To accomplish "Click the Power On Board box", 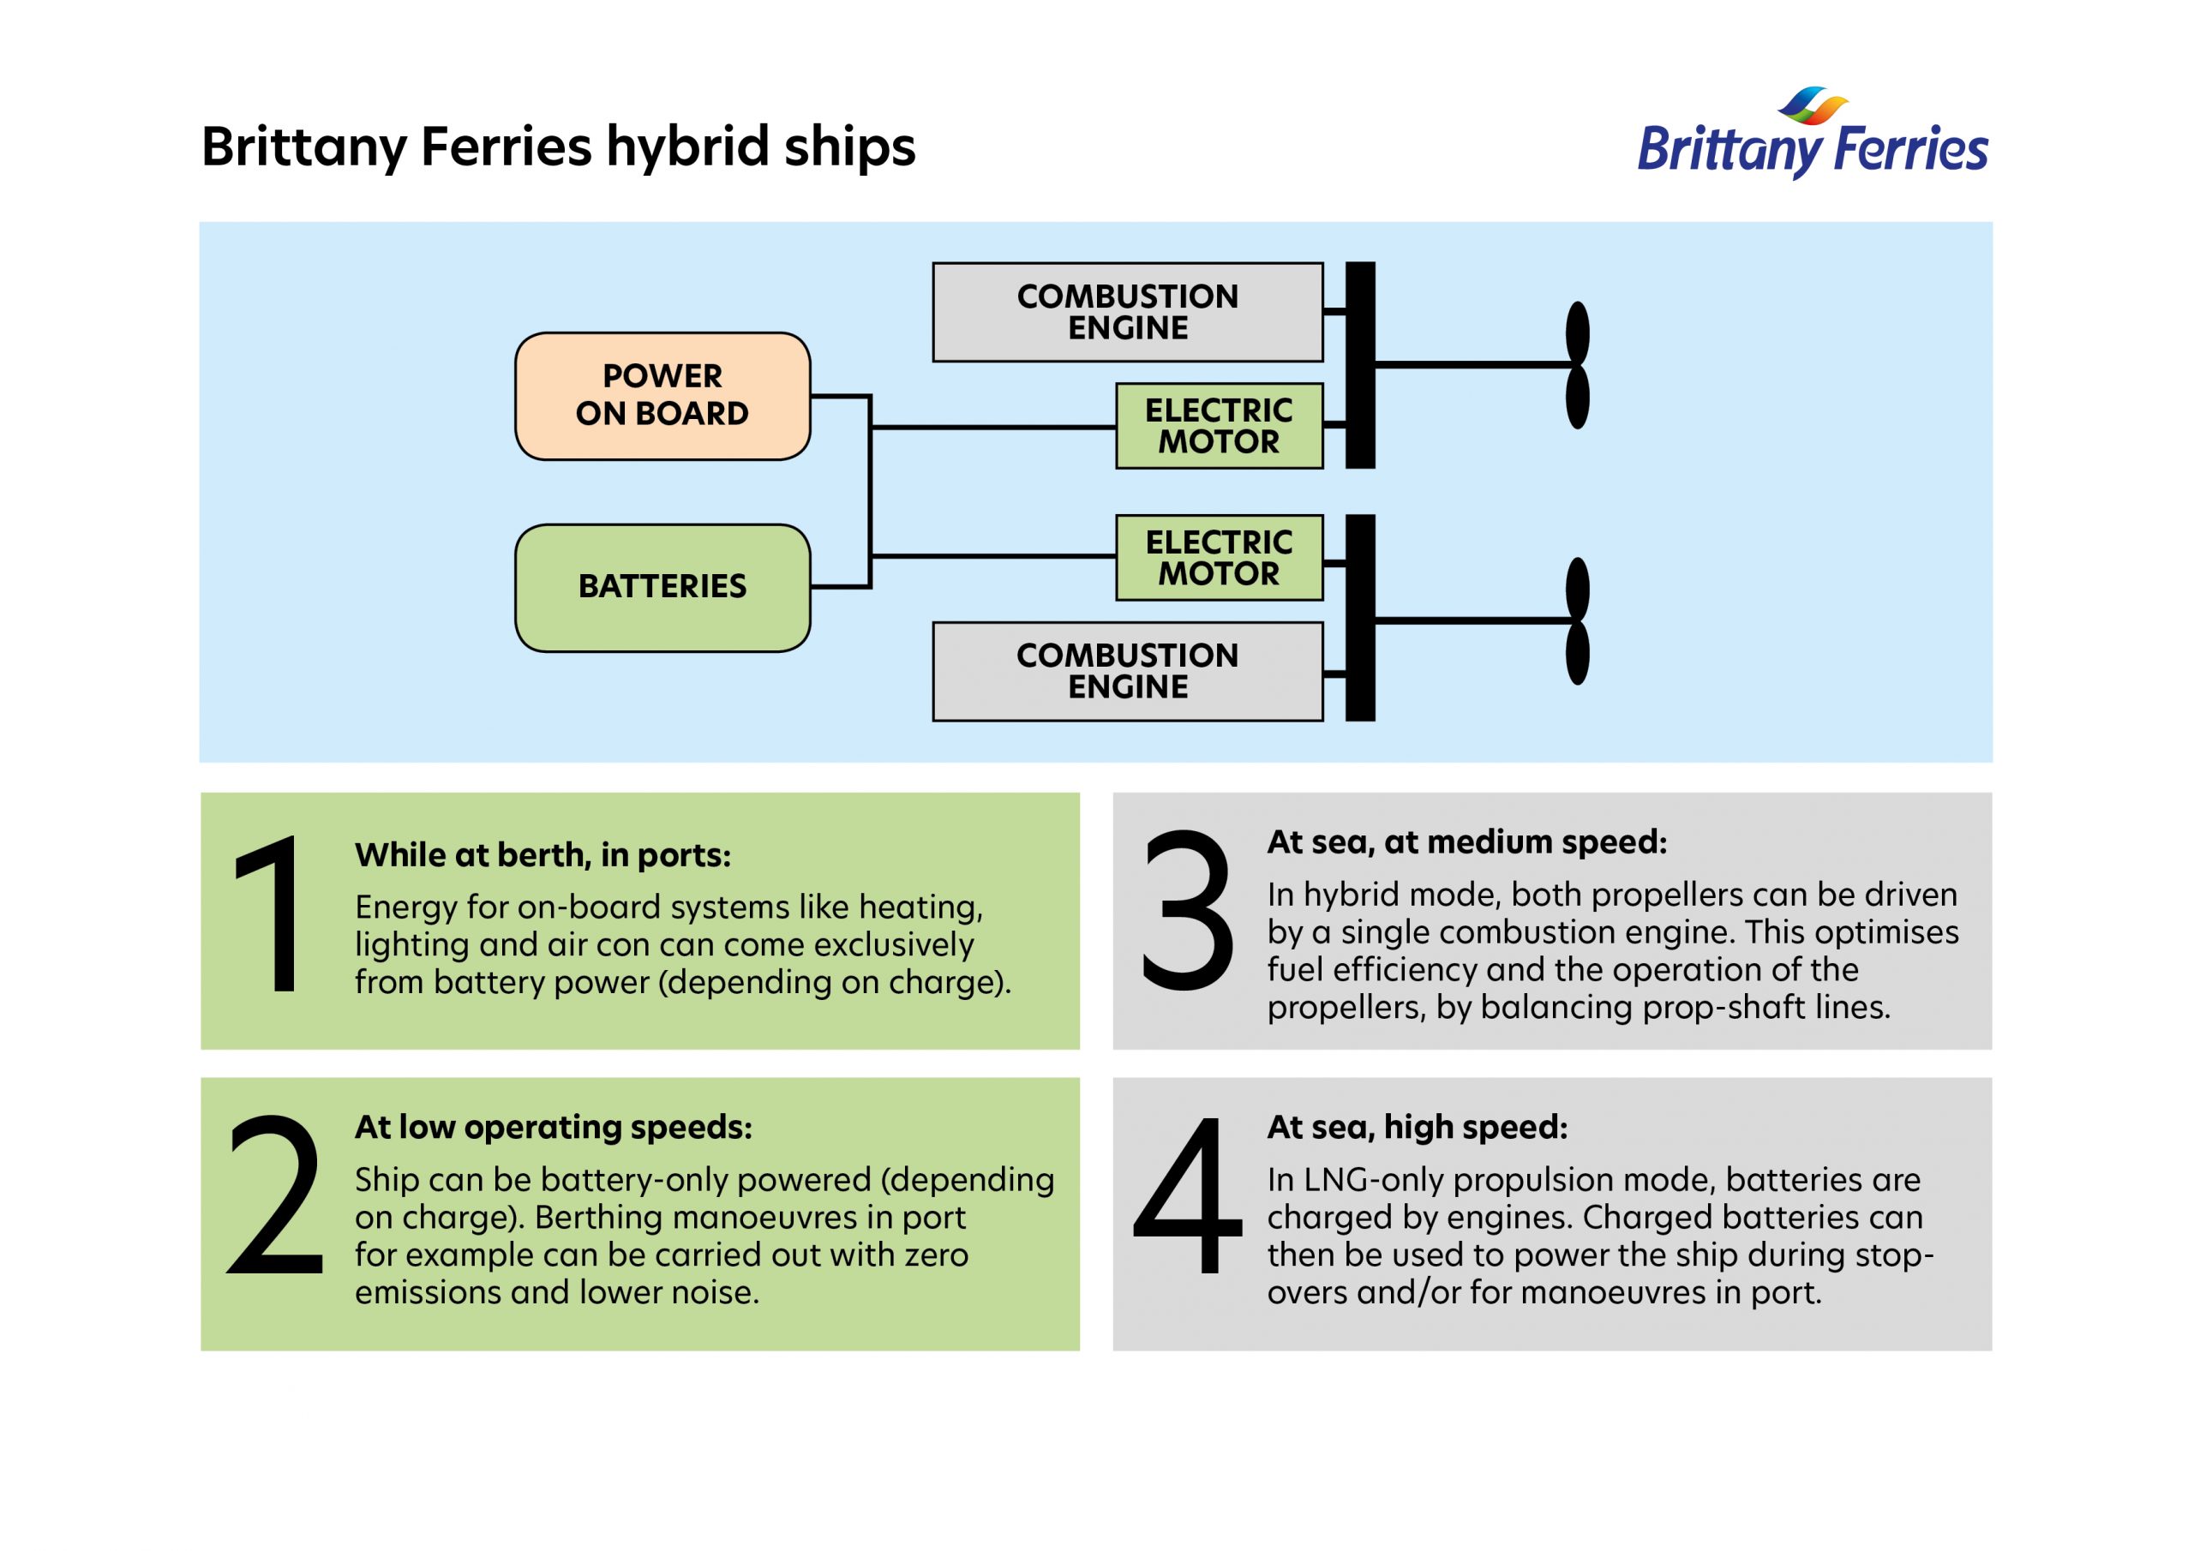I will (662, 396).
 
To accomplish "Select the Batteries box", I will (662, 588).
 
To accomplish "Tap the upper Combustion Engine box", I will (1128, 313).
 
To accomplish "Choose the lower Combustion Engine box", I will (1128, 671).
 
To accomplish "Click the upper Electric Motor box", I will (1220, 426).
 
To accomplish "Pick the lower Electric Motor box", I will (1220, 558).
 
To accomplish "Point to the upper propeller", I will (1578, 365).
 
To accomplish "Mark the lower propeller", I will (1578, 621).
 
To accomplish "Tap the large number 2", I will (275, 1195).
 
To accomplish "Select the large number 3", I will (1188, 910).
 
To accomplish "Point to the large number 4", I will (1189, 1195).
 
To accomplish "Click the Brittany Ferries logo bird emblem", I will (1812, 106).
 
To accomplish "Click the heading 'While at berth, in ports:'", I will (543, 855).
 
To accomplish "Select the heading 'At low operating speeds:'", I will (554, 1128).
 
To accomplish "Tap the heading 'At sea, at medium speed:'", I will (1466, 842).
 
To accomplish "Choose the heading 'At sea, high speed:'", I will (1418, 1128).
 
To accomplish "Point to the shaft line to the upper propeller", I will (1472, 365).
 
